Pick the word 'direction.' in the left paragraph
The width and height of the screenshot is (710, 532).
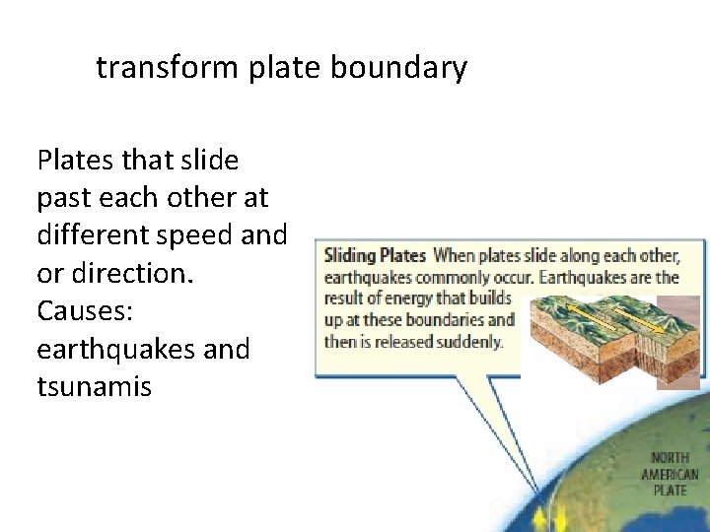click(128, 273)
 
